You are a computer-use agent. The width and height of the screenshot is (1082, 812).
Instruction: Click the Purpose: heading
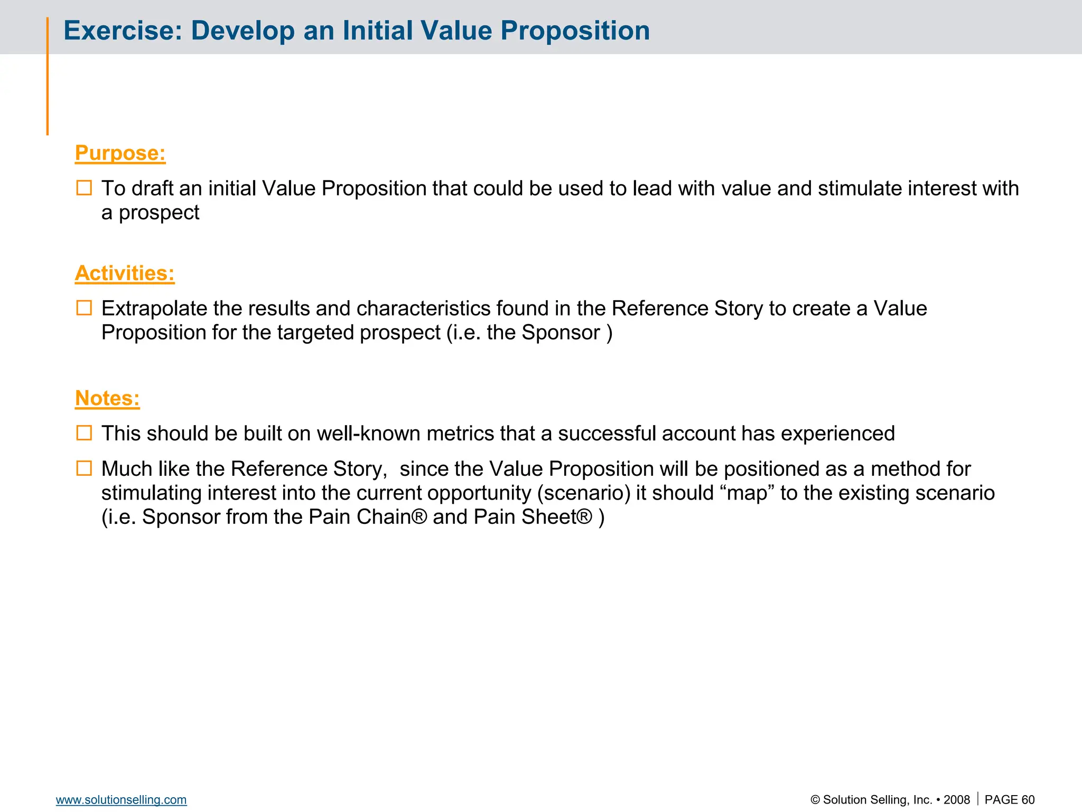click(120, 153)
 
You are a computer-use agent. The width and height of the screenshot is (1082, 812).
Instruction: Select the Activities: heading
click(125, 273)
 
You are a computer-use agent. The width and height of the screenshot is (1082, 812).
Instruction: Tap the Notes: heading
click(107, 398)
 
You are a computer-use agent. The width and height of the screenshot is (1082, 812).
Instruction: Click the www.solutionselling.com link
click(121, 800)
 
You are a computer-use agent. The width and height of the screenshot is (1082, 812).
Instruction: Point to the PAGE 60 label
click(1009, 800)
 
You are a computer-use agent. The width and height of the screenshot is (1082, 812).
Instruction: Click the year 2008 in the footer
click(956, 800)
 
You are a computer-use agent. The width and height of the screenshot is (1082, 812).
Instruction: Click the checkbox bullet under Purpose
click(84, 188)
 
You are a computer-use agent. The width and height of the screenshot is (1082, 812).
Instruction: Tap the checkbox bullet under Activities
click(84, 308)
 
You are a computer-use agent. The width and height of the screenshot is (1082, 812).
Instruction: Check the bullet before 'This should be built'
click(84, 433)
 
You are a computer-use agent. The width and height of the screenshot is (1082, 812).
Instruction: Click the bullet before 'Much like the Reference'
click(84, 468)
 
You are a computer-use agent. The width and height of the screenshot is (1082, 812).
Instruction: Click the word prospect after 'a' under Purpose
click(158, 213)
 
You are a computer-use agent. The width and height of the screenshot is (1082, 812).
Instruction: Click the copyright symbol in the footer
click(815, 800)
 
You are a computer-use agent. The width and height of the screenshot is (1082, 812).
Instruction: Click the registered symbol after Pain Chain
click(419, 516)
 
